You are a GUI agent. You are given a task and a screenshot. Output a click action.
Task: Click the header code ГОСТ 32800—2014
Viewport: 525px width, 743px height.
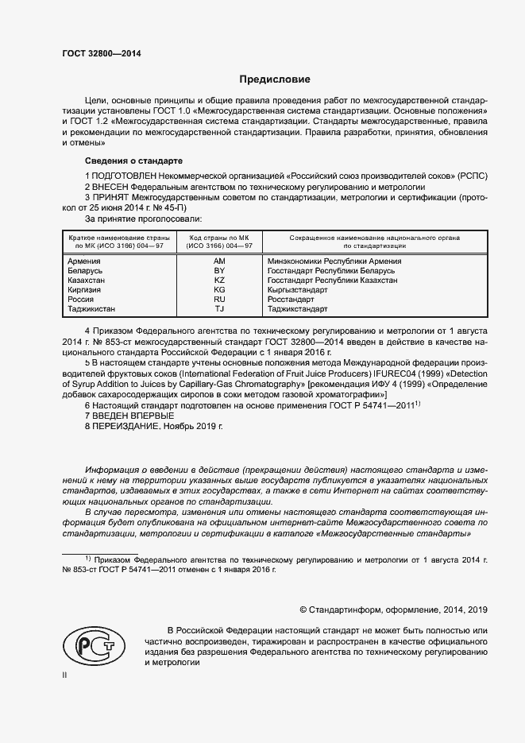point(95,54)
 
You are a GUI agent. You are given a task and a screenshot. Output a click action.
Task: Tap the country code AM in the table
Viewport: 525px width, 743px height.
point(220,261)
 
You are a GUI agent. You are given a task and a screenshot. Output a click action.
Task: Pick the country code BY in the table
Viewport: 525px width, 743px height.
point(220,271)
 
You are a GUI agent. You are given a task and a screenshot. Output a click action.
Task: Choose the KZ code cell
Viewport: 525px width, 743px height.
point(220,281)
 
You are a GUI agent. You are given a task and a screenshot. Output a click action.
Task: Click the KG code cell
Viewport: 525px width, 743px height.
point(220,290)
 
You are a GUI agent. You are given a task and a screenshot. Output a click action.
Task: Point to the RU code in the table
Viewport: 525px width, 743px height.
point(220,300)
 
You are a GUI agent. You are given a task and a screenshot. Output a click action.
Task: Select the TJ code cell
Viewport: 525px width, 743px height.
point(220,309)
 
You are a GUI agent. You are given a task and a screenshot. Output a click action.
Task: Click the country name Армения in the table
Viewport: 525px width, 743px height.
point(84,261)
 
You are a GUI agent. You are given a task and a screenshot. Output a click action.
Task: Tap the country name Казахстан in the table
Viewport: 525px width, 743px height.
point(88,281)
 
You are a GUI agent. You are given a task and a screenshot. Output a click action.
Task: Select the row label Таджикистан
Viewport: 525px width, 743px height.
point(91,309)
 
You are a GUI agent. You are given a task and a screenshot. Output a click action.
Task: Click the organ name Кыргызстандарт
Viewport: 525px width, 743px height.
point(298,290)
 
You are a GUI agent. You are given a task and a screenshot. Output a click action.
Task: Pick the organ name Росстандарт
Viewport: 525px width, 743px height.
point(291,300)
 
